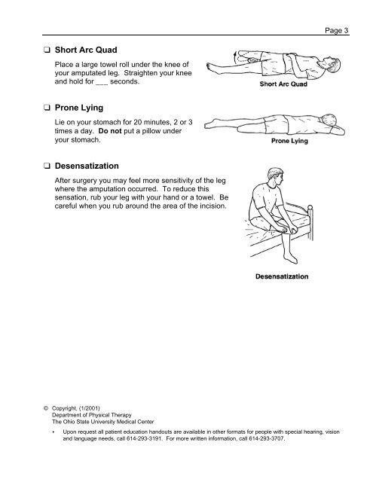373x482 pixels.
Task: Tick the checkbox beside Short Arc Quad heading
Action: [47, 50]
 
